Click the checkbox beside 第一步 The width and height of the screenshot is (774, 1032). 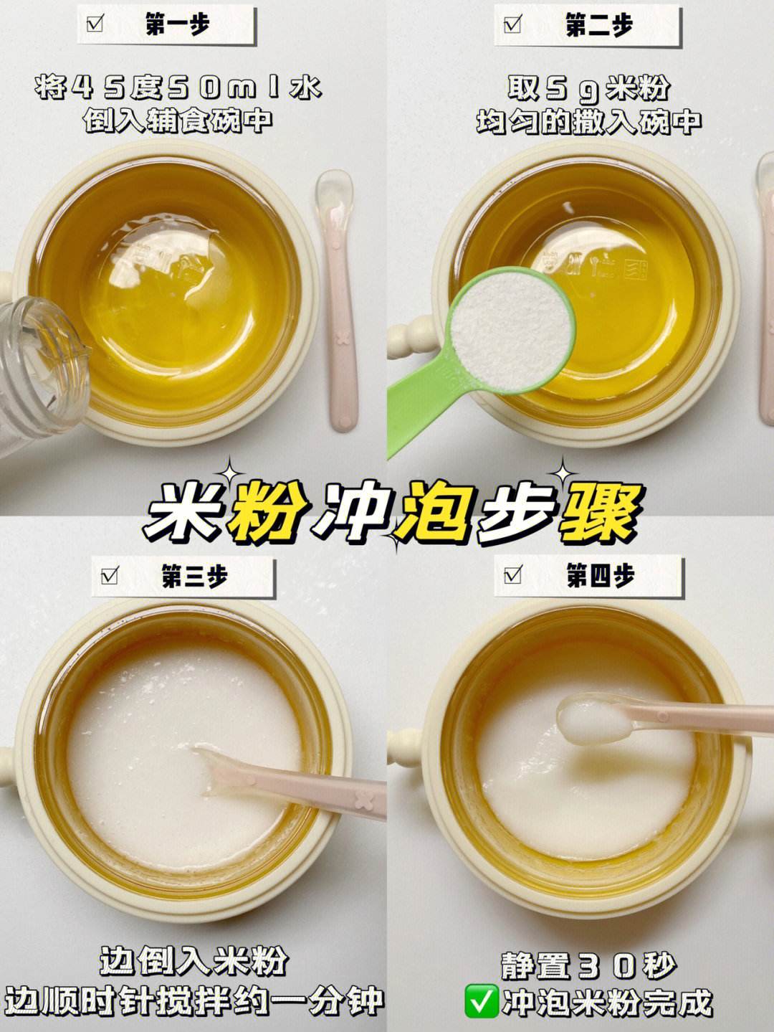click(x=95, y=24)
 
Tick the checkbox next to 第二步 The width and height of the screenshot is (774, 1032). click(x=512, y=24)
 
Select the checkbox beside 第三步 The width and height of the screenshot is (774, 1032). click(x=110, y=576)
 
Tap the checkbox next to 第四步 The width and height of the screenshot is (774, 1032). click(x=512, y=575)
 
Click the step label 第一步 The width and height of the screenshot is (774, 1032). click(x=177, y=24)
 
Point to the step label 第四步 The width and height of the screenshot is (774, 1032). click(x=601, y=575)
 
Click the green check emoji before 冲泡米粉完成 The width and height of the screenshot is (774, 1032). click(x=481, y=1002)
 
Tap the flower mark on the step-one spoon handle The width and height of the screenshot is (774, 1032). click(x=344, y=338)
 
